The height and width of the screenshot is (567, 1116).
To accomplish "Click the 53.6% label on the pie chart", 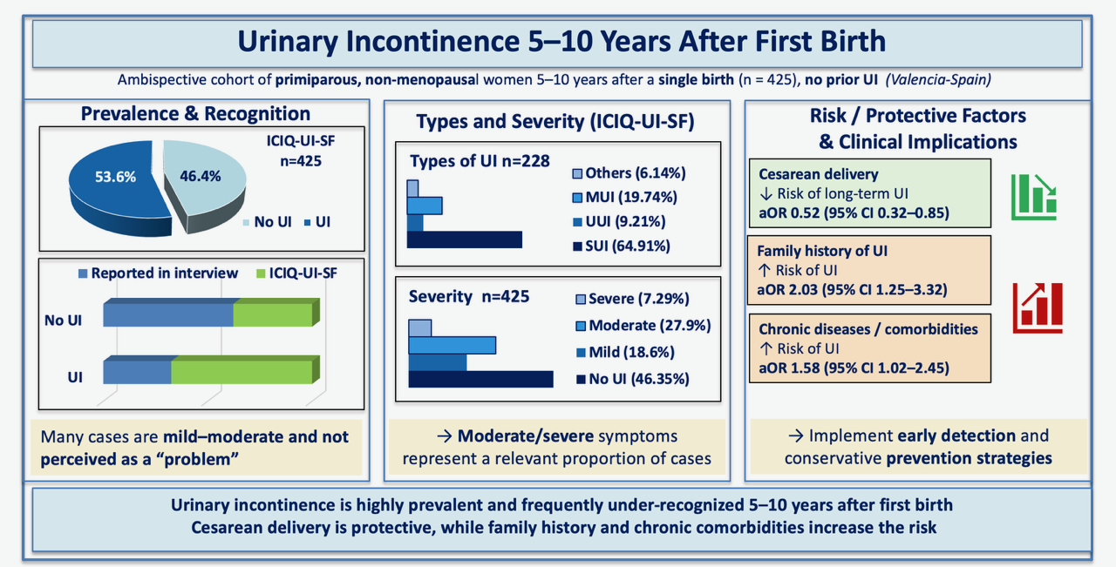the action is [115, 177].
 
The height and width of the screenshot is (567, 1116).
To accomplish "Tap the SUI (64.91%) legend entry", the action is [622, 246].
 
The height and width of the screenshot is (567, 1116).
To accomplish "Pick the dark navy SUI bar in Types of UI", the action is [465, 240].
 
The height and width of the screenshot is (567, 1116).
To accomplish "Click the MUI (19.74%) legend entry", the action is [625, 197].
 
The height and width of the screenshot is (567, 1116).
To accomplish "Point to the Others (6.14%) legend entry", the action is [629, 173].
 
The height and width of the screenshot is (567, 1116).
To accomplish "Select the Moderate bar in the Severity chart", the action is [452, 345].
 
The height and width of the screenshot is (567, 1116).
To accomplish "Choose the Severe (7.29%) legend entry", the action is [633, 299].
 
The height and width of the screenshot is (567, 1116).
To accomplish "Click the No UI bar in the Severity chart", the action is [480, 379].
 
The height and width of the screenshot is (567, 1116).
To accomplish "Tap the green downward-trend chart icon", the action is [1034, 197].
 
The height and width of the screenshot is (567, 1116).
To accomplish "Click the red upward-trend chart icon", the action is [1038, 308].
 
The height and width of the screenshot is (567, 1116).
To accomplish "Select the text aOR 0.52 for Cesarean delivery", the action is [789, 213].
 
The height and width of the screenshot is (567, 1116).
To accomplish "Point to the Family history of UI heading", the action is [822, 250].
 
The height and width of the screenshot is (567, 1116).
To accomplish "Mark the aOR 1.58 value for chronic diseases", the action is [789, 368].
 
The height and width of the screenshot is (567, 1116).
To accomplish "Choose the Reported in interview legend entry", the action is [159, 273].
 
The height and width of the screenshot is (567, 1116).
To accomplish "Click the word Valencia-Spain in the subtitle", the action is [938, 79].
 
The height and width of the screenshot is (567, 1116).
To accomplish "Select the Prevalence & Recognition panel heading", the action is [195, 113].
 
